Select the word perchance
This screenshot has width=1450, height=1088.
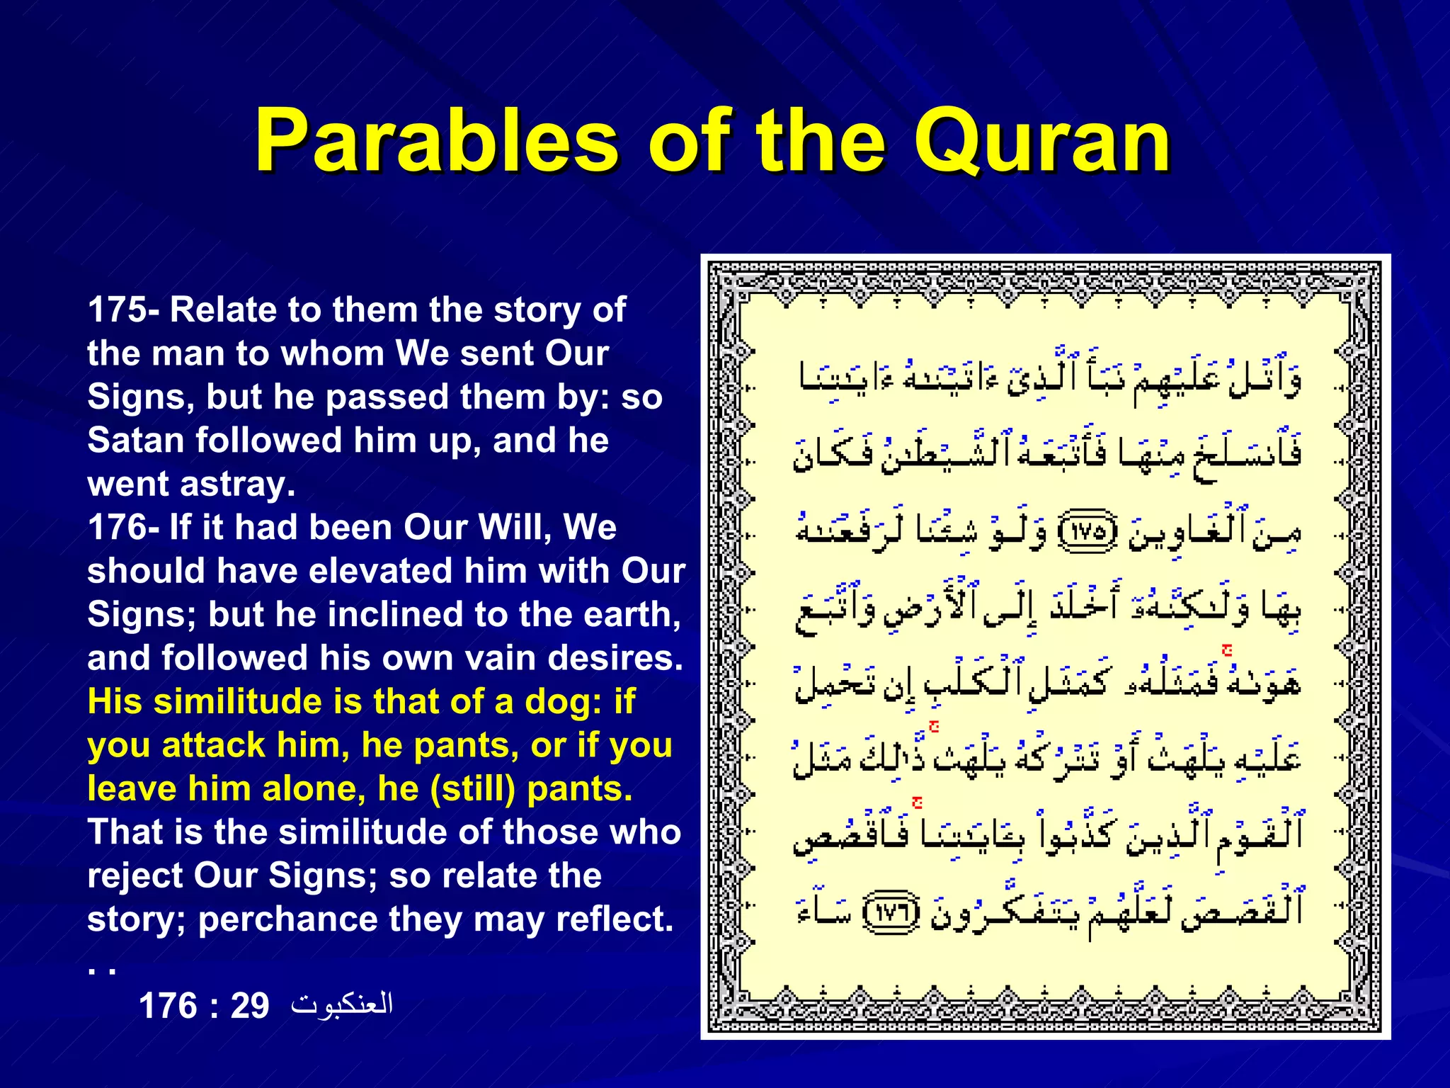click(287, 919)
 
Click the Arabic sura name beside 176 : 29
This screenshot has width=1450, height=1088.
click(342, 1004)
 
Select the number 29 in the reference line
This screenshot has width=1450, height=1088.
click(250, 1006)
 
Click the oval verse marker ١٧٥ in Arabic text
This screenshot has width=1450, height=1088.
click(1087, 533)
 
